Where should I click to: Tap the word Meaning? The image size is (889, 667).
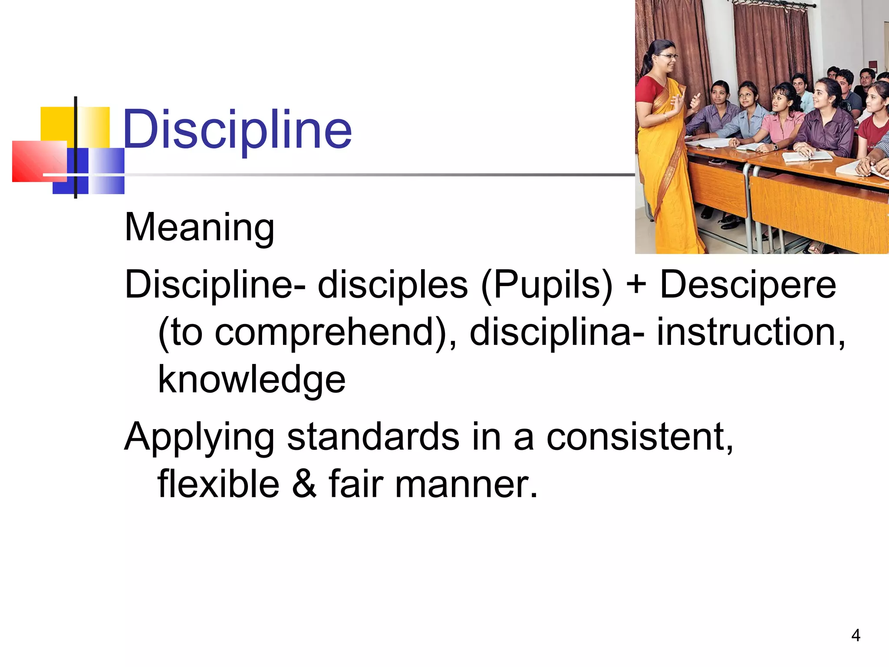click(199, 227)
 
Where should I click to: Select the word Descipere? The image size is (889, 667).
click(747, 284)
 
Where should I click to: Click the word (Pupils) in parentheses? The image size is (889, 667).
click(546, 285)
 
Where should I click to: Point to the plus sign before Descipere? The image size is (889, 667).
click(636, 285)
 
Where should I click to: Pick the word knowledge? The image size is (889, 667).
click(251, 379)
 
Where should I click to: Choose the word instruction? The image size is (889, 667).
click(751, 331)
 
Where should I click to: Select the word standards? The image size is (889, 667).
click(373, 436)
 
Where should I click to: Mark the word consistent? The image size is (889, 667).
click(639, 436)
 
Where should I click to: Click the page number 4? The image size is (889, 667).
click(856, 635)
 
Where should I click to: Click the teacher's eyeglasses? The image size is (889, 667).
click(668, 56)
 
